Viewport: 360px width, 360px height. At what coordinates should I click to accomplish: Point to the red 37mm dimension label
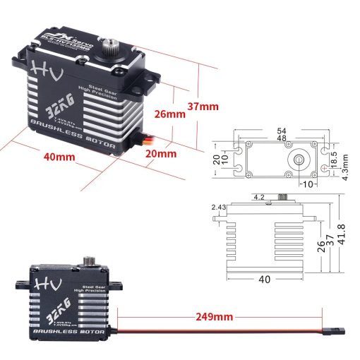pos(203,107)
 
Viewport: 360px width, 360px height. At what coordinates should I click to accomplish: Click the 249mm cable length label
pos(214,317)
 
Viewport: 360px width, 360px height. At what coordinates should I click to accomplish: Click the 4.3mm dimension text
pos(345,164)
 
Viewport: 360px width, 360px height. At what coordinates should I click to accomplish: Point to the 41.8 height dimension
pos(343,237)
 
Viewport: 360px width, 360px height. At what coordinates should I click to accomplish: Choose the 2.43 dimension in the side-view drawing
pos(217,207)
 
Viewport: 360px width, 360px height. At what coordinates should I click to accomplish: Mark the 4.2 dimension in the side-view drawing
pos(258,198)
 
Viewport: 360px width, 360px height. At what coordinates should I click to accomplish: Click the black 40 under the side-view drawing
pos(265,280)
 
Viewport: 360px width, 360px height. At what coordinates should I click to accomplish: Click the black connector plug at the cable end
pos(337,330)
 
